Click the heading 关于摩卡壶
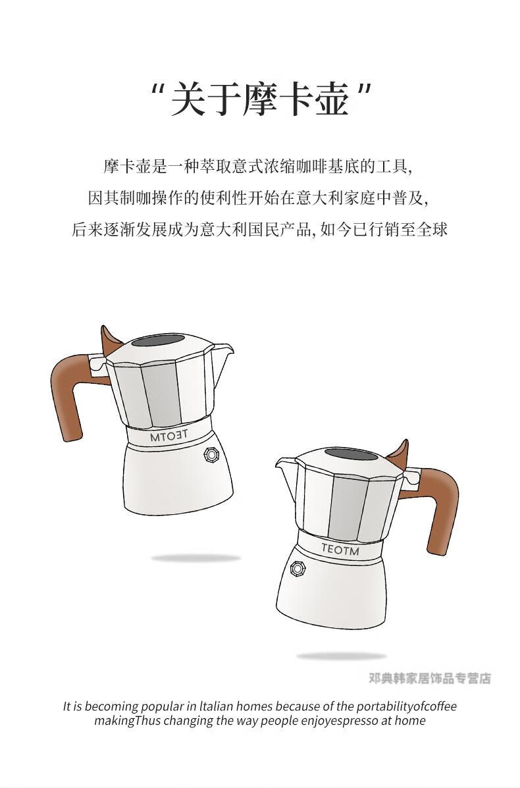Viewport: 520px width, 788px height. click(260, 98)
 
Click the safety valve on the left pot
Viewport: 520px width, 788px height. click(213, 455)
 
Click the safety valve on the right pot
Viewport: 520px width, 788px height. click(298, 569)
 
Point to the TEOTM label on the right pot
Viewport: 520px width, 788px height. click(340, 549)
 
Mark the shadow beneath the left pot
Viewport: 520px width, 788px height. click(196, 558)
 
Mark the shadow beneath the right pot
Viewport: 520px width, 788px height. click(341, 656)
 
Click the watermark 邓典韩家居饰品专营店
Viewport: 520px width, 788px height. click(430, 678)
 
